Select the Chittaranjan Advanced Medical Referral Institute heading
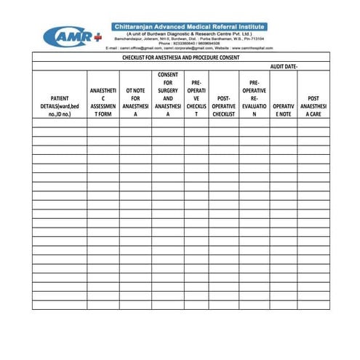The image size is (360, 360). [189, 26]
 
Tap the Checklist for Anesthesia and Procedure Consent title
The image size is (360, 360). [181, 56]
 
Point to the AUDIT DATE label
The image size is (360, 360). [284, 65]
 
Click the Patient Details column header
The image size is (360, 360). [60, 105]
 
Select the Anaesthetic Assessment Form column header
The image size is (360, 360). [103, 102]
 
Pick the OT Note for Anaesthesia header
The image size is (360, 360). [135, 102]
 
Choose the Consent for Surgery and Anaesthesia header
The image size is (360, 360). [168, 94]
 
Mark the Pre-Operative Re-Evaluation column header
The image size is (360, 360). [255, 98]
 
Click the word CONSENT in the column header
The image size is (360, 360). [168, 74]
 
